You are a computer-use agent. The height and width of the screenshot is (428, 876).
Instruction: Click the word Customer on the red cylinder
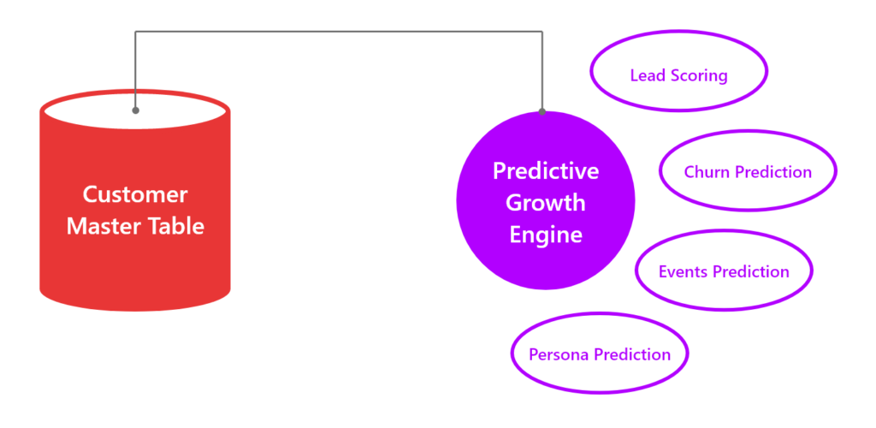click(135, 194)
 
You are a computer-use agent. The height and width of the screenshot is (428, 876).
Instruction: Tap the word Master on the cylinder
click(98, 226)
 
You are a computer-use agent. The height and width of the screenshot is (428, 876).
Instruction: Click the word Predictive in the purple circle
click(546, 171)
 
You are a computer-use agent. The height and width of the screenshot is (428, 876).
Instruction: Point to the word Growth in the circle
click(546, 202)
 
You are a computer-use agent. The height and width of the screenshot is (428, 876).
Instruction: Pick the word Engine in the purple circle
click(546, 235)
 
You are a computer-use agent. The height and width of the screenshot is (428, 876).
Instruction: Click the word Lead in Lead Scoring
click(642, 75)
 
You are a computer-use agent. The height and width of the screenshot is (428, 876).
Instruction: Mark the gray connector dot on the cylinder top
click(135, 110)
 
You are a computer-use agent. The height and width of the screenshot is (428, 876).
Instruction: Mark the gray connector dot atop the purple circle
click(542, 112)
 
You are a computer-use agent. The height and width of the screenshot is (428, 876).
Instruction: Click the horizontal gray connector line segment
click(339, 32)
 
